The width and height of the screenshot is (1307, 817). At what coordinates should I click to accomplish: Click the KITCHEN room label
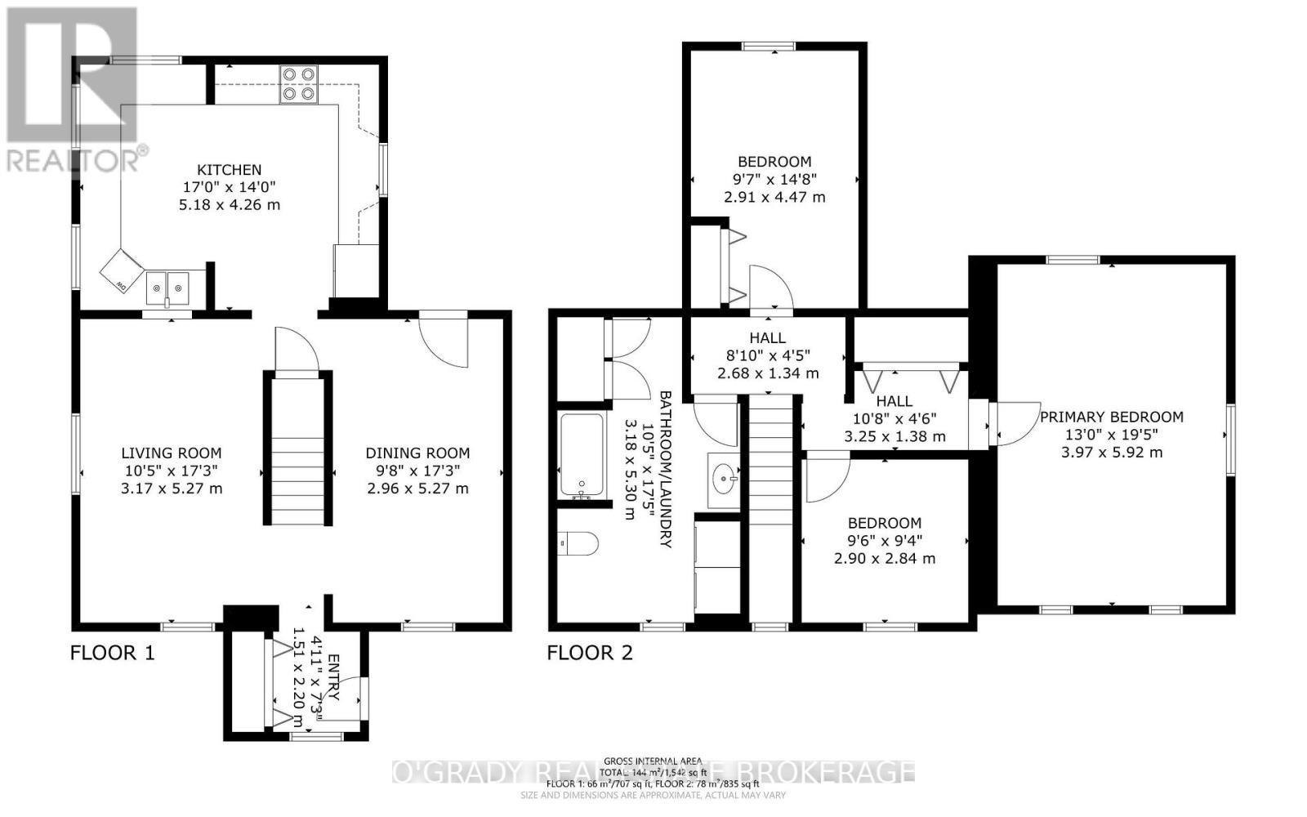(230, 170)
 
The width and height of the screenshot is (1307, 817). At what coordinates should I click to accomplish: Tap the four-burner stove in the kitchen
(298, 83)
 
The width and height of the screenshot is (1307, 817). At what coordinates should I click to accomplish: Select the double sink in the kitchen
(167, 288)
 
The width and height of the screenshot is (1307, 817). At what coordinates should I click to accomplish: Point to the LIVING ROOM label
(171, 453)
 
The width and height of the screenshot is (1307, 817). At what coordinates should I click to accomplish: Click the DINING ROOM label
(417, 453)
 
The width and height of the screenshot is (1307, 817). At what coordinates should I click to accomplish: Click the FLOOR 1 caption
(112, 652)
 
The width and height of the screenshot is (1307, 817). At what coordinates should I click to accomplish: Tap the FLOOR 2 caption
(589, 652)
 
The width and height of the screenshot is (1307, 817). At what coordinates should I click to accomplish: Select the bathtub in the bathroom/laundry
(582, 455)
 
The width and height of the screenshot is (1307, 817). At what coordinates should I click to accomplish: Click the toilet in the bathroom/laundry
(578, 543)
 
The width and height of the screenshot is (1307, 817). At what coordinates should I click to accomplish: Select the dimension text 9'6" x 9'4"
(884, 541)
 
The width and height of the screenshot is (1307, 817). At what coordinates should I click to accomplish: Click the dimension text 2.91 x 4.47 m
(774, 197)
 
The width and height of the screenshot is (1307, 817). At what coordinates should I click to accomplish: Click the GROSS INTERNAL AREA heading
(653, 761)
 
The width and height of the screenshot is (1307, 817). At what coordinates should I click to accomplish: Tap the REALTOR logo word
(74, 159)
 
